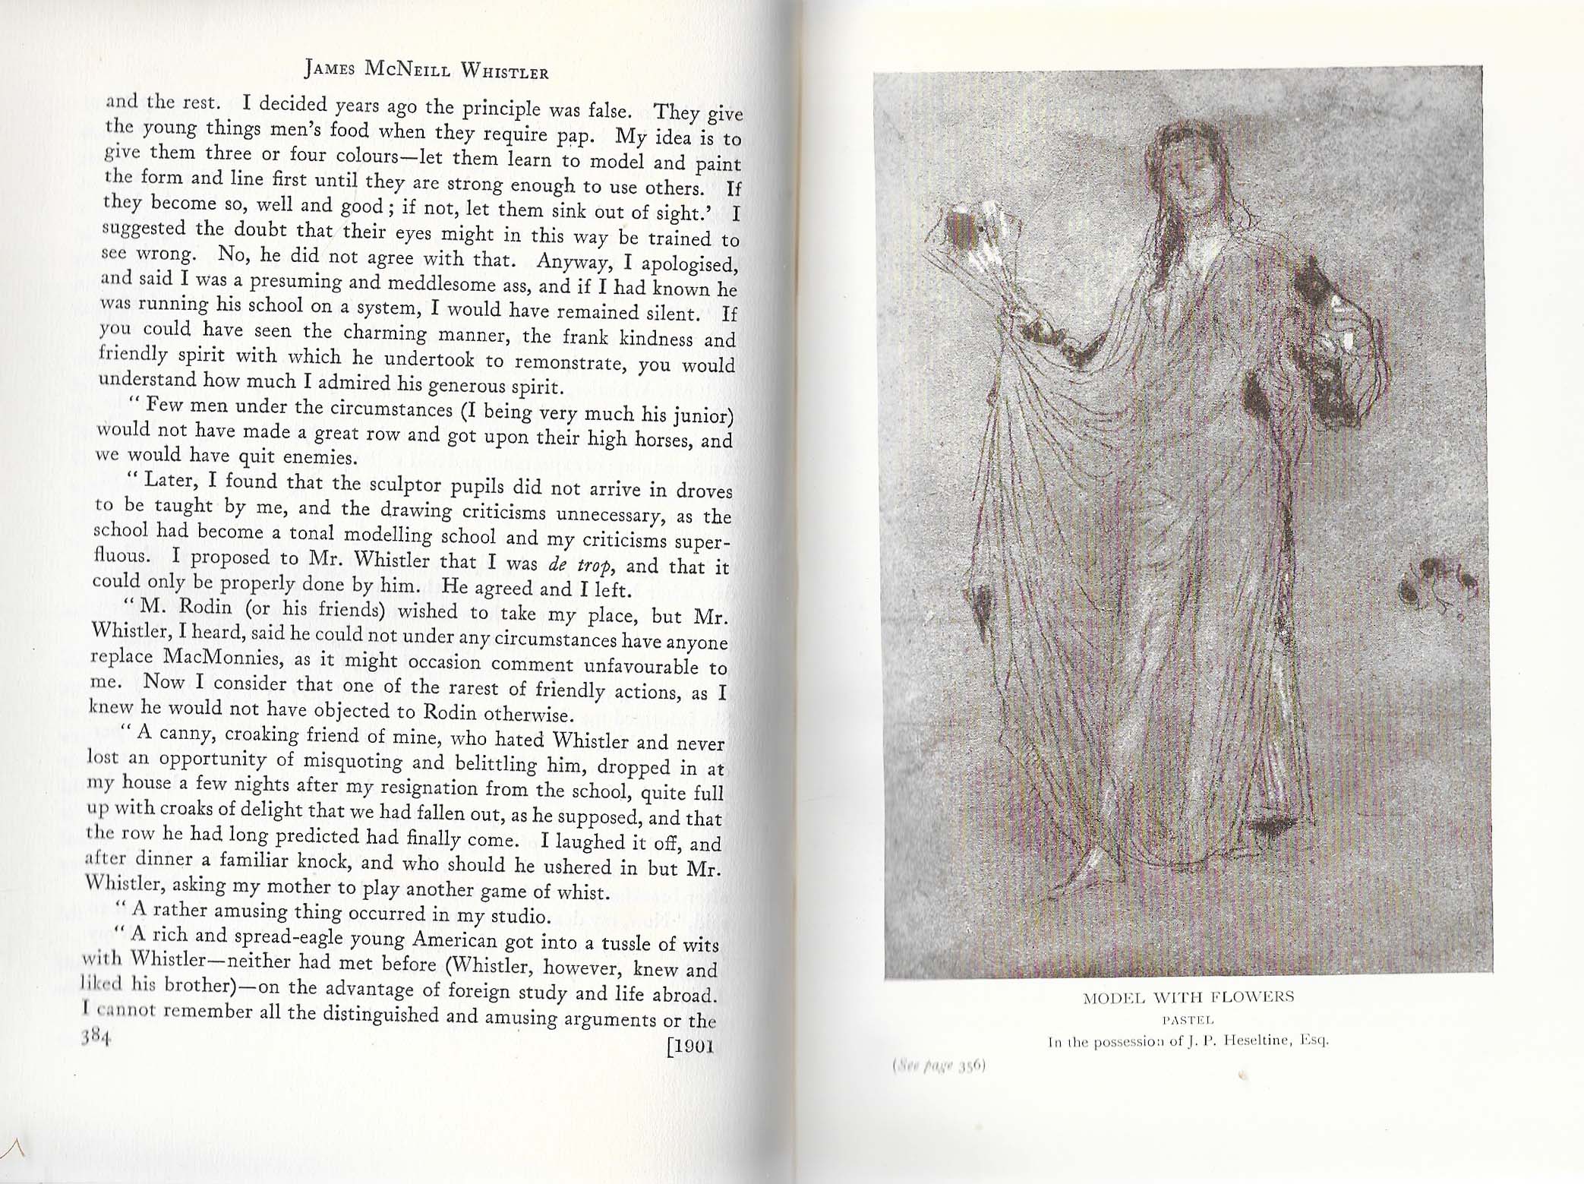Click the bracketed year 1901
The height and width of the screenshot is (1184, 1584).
pyautogui.click(x=689, y=1047)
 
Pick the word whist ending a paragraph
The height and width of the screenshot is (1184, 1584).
pyautogui.click(x=584, y=891)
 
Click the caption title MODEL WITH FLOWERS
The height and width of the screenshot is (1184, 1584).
pyautogui.click(x=1188, y=996)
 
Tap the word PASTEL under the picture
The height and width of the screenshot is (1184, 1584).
pyautogui.click(x=1188, y=1020)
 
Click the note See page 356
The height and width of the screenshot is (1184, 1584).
pyautogui.click(x=939, y=1066)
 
